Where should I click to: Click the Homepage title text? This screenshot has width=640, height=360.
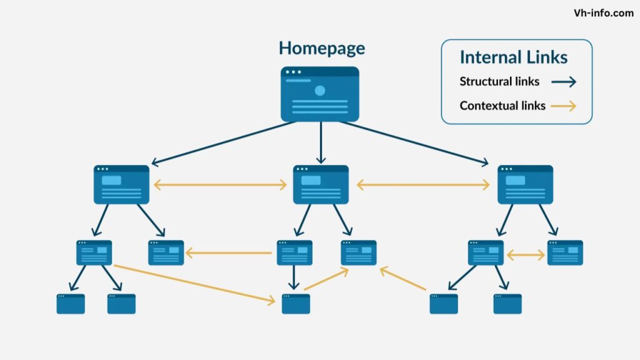[x=321, y=48]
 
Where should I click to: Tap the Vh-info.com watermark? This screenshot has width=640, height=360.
[x=603, y=13]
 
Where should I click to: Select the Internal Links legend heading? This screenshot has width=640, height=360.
[x=513, y=57]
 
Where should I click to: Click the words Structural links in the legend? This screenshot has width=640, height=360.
[x=499, y=81]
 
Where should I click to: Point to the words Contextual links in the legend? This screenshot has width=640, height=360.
[x=502, y=106]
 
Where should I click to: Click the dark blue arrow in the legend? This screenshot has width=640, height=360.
[x=563, y=82]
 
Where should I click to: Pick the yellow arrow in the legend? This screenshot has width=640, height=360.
[x=563, y=106]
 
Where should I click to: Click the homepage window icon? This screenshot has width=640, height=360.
[x=320, y=94]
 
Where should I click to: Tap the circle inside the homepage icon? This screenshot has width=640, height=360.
[x=320, y=91]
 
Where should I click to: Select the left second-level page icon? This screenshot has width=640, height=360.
[x=122, y=184]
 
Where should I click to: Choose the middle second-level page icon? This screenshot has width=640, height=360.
[x=321, y=184]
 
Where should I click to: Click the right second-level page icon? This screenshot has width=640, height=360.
[x=525, y=184]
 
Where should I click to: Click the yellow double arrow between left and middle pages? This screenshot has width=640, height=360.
[x=220, y=185]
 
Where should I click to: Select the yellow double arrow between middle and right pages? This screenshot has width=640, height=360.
[x=423, y=185]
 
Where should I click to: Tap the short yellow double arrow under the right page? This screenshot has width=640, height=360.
[x=526, y=255]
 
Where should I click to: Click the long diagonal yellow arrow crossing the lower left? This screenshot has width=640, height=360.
[x=194, y=284]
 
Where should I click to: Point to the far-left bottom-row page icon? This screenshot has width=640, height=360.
[x=71, y=304]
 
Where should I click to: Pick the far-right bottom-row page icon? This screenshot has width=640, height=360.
[x=507, y=304]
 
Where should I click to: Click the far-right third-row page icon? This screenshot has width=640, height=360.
[x=565, y=252]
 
